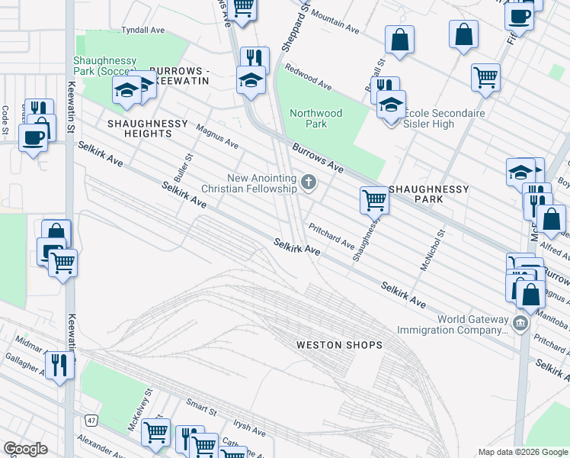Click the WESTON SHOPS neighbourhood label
(339, 346)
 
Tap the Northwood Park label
(315, 118)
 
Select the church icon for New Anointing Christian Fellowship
(308, 182)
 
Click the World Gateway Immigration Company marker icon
(520, 323)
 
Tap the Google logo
(25, 449)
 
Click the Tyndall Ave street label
(143, 31)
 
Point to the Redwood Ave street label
(308, 76)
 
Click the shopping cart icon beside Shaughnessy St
(374, 200)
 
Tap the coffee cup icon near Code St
(32, 138)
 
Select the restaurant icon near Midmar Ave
(59, 364)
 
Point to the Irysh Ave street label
(248, 427)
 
